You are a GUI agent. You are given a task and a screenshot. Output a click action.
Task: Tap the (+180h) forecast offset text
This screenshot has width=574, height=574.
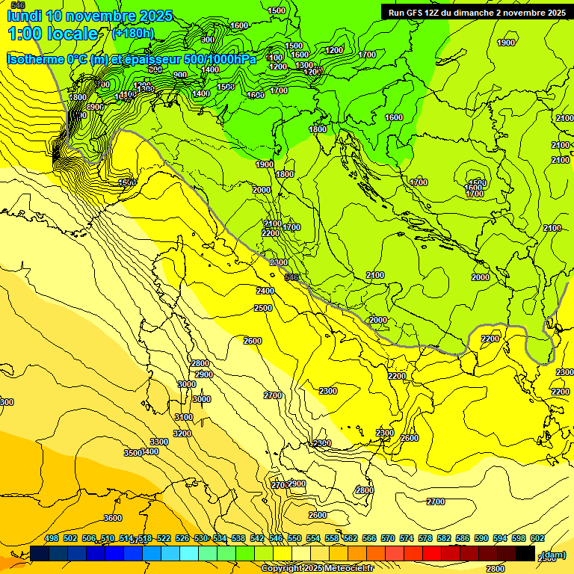click(133, 34)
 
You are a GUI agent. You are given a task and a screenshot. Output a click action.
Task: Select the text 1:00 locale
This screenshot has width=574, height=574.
click(52, 34)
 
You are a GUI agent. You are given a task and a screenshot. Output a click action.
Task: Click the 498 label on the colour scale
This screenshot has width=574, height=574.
click(52, 538)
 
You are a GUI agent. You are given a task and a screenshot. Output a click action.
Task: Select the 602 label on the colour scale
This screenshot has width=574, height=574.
click(537, 538)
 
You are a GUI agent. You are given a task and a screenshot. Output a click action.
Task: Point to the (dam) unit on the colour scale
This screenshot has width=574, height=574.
click(554, 555)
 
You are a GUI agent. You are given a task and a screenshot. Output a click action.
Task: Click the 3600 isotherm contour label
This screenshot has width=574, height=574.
click(113, 518)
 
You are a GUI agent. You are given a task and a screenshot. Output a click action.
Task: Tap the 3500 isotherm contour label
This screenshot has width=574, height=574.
click(132, 453)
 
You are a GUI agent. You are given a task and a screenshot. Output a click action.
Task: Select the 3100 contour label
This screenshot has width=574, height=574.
click(183, 417)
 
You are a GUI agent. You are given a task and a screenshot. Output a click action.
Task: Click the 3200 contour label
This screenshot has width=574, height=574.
click(182, 433)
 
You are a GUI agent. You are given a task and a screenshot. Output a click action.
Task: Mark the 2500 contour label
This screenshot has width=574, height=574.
click(263, 308)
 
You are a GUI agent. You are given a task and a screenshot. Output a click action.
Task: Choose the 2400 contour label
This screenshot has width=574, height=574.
click(265, 291)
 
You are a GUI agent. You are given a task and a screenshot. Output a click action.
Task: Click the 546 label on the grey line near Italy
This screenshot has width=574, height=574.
click(292, 277)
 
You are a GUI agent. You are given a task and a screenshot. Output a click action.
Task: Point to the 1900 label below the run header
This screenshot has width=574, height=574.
click(506, 43)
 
